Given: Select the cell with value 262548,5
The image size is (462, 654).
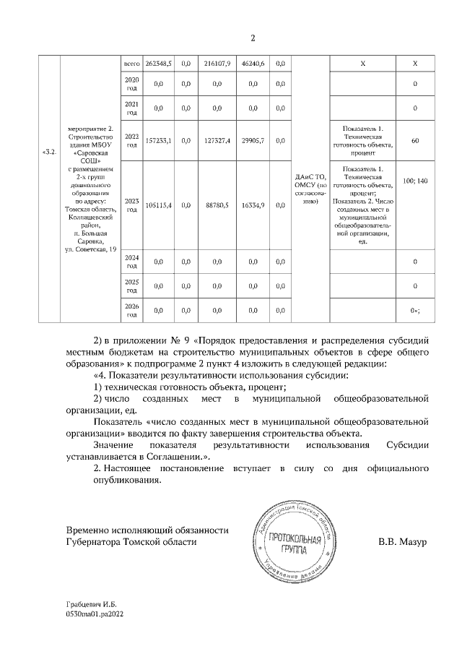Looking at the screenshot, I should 158,64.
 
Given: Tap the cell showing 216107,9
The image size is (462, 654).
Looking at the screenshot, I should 217,64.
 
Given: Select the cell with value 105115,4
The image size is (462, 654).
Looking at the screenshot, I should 158,206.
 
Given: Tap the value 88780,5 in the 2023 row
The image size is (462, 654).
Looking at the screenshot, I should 217,206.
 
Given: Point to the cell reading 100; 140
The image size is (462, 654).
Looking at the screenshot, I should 415,180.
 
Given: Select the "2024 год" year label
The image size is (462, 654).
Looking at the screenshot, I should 132,261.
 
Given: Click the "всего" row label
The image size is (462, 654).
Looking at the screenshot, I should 132,64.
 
